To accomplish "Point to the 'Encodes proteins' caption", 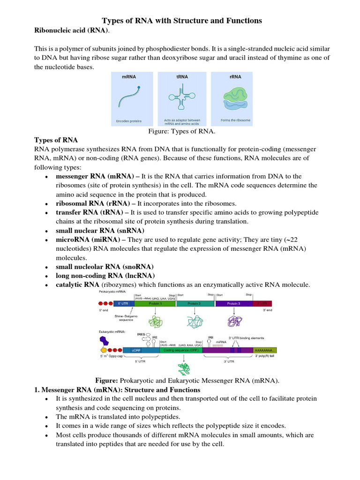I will click(128, 121).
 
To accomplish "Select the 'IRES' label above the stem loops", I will click(141, 334).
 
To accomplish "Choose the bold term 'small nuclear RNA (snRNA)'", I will click(100, 231).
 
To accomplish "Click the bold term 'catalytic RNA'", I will click(77, 285).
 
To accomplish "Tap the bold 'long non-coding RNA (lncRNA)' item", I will click(105, 276).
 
